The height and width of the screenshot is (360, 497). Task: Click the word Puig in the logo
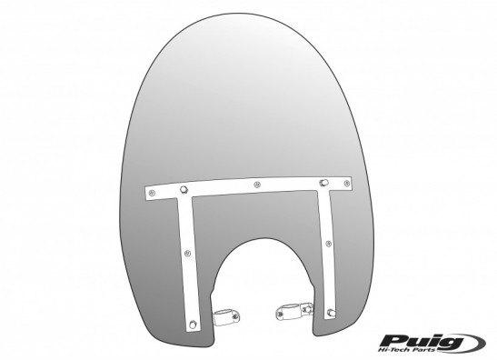coord(421,342)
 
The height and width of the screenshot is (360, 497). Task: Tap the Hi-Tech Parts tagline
coord(417,349)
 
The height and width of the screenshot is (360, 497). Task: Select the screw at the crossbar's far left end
coord(152,193)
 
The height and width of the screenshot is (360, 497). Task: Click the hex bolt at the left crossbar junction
coord(183,190)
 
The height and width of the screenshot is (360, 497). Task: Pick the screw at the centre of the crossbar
coord(257,184)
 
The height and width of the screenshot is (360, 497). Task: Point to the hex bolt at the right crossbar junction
coord(323,183)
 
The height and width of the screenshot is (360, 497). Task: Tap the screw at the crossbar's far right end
coord(347,183)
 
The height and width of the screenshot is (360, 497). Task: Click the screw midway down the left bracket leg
coord(188,253)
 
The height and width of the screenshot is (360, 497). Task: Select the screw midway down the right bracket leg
coord(329,244)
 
